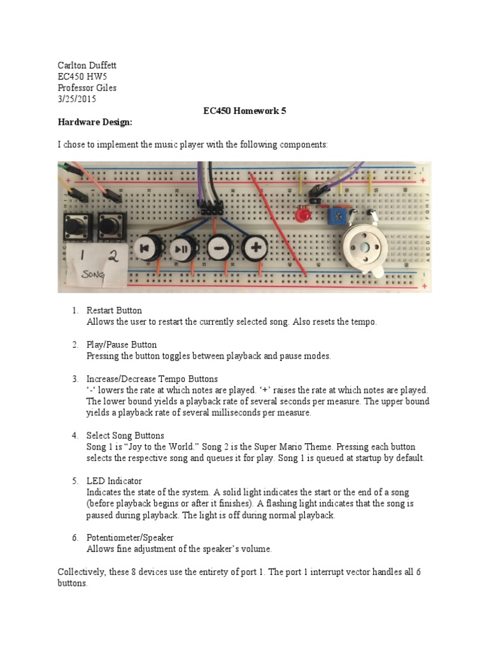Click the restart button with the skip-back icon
(144, 247)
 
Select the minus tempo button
(218, 247)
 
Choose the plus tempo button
(255, 246)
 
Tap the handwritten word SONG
(94, 276)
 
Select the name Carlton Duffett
(87, 66)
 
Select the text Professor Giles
(87, 88)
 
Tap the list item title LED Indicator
(114, 481)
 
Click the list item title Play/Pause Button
(122, 344)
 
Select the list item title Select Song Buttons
(125, 436)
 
